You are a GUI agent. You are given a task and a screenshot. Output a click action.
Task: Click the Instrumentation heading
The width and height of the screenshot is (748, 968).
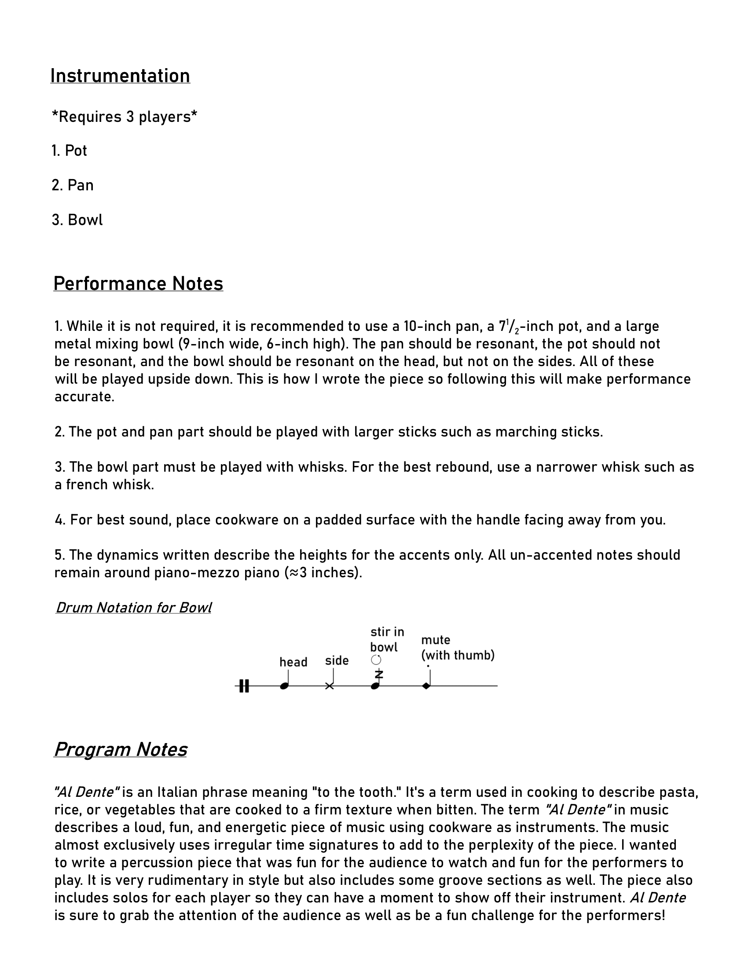click(x=120, y=76)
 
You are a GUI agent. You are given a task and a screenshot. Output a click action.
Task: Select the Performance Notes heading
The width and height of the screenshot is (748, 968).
click(x=138, y=284)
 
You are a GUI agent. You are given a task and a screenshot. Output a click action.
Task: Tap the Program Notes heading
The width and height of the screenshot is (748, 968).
click(x=120, y=749)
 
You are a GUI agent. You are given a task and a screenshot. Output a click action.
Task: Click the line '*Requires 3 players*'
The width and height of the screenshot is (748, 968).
click(x=125, y=117)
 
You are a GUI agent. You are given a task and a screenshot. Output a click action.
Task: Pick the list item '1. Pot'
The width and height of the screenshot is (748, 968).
click(x=69, y=150)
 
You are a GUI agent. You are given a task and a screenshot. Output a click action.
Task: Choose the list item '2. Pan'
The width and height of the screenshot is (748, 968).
click(x=73, y=185)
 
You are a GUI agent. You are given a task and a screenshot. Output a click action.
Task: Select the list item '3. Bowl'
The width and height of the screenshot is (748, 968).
click(x=77, y=220)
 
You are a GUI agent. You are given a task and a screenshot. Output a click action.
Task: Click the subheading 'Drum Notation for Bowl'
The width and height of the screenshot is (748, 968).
click(x=133, y=607)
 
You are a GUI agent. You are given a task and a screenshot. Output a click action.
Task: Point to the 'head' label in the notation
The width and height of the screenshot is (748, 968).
click(x=293, y=662)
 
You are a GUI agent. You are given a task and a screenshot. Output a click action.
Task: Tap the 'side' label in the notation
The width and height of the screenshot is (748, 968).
click(x=337, y=660)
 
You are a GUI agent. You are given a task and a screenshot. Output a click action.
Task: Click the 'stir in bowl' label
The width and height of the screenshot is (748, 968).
click(x=387, y=640)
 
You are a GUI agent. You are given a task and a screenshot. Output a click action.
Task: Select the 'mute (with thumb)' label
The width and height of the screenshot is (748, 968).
click(x=457, y=648)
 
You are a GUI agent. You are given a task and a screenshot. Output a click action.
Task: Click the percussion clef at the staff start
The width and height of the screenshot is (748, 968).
click(x=244, y=686)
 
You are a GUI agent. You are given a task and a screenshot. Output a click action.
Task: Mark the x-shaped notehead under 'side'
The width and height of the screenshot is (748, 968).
click(x=329, y=686)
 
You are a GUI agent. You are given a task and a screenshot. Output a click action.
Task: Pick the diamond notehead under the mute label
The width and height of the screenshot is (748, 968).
click(x=426, y=686)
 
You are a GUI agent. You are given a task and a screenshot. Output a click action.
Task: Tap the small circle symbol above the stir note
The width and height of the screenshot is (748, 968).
click(x=376, y=660)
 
